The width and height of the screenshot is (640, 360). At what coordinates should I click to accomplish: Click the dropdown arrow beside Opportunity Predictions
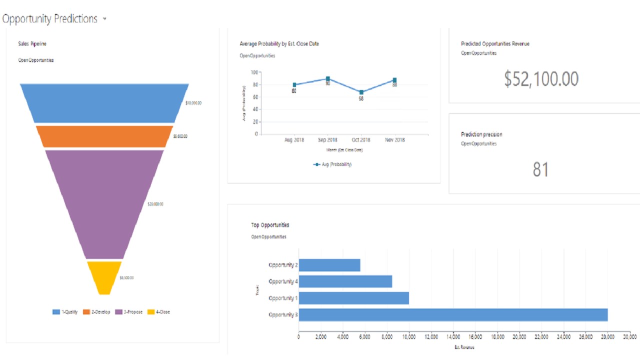tap(104, 19)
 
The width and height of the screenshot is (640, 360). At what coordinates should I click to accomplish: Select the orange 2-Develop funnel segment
tap(104, 136)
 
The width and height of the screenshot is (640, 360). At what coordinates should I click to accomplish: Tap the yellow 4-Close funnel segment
tap(104, 276)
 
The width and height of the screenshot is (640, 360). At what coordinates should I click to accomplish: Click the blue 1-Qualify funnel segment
tap(104, 103)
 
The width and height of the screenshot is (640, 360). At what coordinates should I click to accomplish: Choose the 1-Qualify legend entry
tap(65, 312)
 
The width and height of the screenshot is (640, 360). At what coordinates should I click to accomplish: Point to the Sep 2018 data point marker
tap(327, 79)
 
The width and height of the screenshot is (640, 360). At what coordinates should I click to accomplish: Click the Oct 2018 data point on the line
tap(361, 92)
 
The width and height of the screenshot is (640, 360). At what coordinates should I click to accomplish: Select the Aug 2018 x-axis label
tap(294, 140)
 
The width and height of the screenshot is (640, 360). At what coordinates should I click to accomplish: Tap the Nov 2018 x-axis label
tap(394, 140)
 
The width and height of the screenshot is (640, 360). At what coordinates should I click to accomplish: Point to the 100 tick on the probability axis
tap(254, 72)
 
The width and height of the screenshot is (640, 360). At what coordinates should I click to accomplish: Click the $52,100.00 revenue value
tap(541, 79)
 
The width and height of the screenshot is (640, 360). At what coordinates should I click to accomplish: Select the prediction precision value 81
tap(540, 170)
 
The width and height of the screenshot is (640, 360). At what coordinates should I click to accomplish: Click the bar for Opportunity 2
tap(329, 265)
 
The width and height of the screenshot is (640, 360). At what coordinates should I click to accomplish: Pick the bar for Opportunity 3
tap(452, 314)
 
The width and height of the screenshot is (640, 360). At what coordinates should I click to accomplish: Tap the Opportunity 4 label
tap(283, 281)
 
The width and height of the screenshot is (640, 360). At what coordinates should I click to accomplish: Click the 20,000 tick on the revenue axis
tap(519, 337)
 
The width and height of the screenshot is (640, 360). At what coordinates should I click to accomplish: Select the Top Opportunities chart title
tap(270, 225)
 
